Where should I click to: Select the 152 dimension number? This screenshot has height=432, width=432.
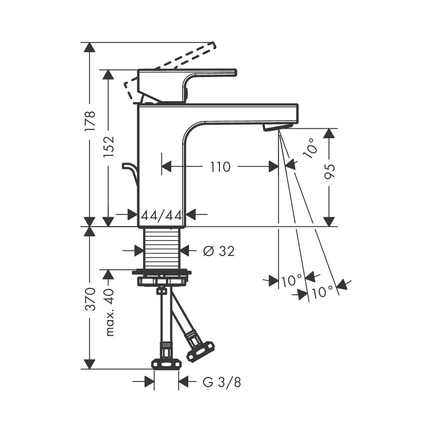tap(109, 147)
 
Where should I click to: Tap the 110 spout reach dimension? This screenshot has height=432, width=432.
tap(220, 167)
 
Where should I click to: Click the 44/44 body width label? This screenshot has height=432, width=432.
tap(161, 216)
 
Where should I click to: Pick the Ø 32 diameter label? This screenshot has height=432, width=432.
tap(219, 251)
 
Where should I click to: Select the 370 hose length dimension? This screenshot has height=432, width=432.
tap(90, 299)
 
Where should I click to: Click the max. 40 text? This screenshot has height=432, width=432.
tap(109, 313)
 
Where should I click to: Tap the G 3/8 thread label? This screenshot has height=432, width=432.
tap(222, 382)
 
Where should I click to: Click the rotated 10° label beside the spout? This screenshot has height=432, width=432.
tap(310, 148)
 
